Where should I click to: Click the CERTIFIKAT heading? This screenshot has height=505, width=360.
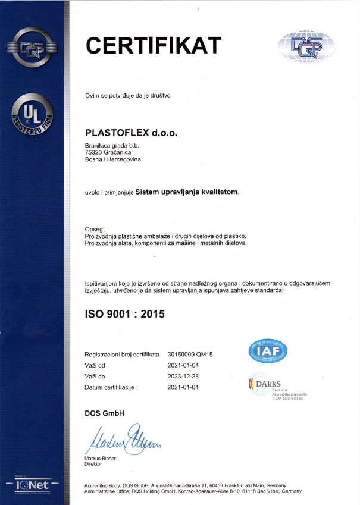click(x=154, y=45)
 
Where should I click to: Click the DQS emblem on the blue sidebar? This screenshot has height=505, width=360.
click(x=33, y=48)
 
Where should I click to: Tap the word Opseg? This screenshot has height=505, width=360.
click(x=95, y=229)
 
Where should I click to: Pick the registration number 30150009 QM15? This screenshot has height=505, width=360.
click(x=190, y=354)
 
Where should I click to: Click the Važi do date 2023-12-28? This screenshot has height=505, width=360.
click(x=184, y=377)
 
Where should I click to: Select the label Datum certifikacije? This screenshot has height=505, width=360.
click(x=110, y=387)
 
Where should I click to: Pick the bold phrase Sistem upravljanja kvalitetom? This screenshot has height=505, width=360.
click(x=186, y=192)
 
